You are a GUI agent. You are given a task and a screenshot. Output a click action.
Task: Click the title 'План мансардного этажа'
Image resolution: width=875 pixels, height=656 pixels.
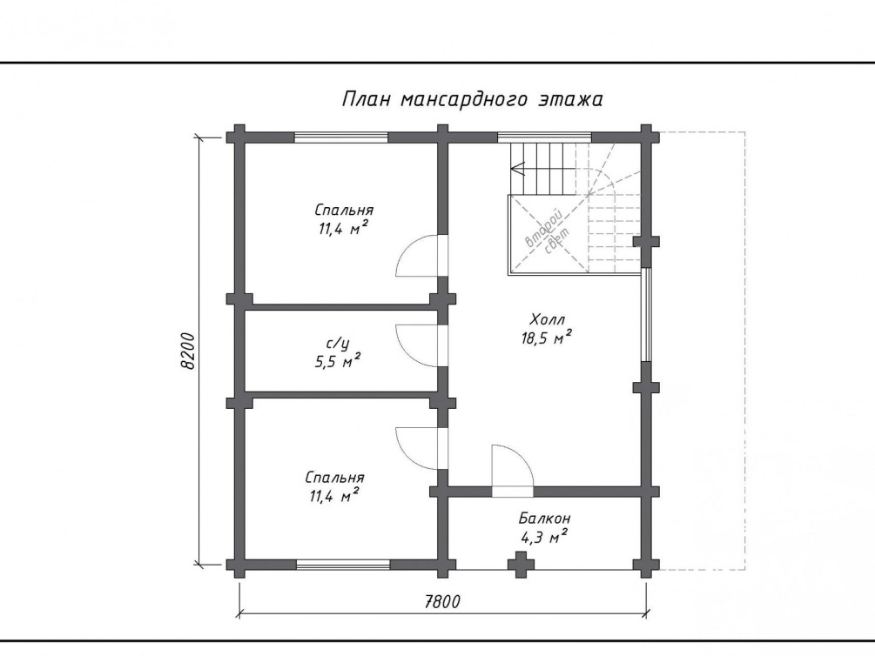472,100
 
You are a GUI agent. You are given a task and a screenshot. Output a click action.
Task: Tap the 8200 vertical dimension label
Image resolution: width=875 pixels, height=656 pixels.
188,351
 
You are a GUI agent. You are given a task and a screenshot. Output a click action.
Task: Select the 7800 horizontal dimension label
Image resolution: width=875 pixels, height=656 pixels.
442,602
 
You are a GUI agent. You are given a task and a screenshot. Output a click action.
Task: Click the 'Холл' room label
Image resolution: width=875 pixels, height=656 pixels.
548,319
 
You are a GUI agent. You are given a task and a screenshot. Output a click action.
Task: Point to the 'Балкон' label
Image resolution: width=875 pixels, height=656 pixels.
545,519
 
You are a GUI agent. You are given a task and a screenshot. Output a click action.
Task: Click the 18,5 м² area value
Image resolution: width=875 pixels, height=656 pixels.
546,338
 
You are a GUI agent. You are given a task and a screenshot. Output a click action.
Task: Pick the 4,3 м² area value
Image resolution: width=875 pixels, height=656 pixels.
544,537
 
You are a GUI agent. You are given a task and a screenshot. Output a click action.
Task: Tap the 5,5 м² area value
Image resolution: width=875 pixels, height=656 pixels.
338,361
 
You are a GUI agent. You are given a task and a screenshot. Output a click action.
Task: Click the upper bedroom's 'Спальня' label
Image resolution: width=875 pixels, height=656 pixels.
344,211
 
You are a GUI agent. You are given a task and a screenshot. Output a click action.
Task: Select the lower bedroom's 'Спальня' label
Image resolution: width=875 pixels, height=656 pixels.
335,478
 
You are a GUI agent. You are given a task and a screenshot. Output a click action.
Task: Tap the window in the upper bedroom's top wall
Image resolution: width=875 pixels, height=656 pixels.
341,137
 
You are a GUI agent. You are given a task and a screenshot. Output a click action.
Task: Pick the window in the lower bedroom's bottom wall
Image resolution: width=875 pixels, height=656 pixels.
343,565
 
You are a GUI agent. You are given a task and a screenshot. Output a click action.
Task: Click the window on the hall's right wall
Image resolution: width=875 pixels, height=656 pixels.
646,315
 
